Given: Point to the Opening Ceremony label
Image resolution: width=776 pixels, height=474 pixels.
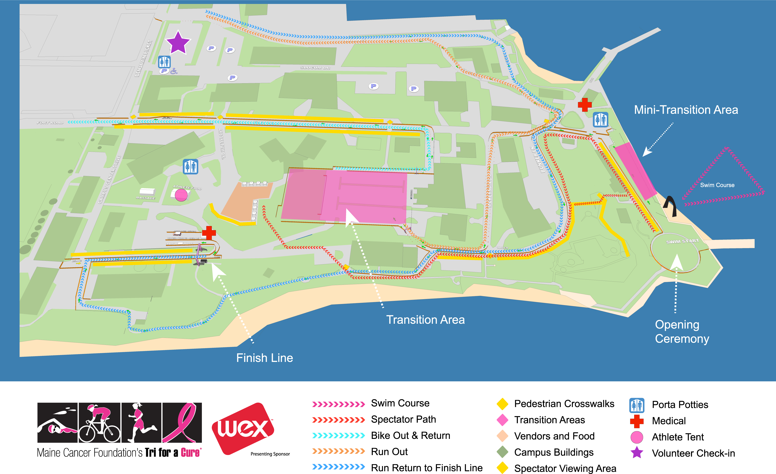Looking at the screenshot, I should [x=682, y=332].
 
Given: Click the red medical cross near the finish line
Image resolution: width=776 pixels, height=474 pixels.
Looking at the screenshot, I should [x=209, y=233].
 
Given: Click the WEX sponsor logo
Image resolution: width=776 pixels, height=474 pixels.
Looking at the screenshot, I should [x=243, y=429].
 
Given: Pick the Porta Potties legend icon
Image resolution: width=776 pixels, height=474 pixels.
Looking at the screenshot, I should [x=636, y=405].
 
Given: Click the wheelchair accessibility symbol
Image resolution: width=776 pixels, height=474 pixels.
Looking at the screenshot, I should [x=174, y=71].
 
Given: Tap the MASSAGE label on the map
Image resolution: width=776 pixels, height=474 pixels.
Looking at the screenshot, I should [x=145, y=198].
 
